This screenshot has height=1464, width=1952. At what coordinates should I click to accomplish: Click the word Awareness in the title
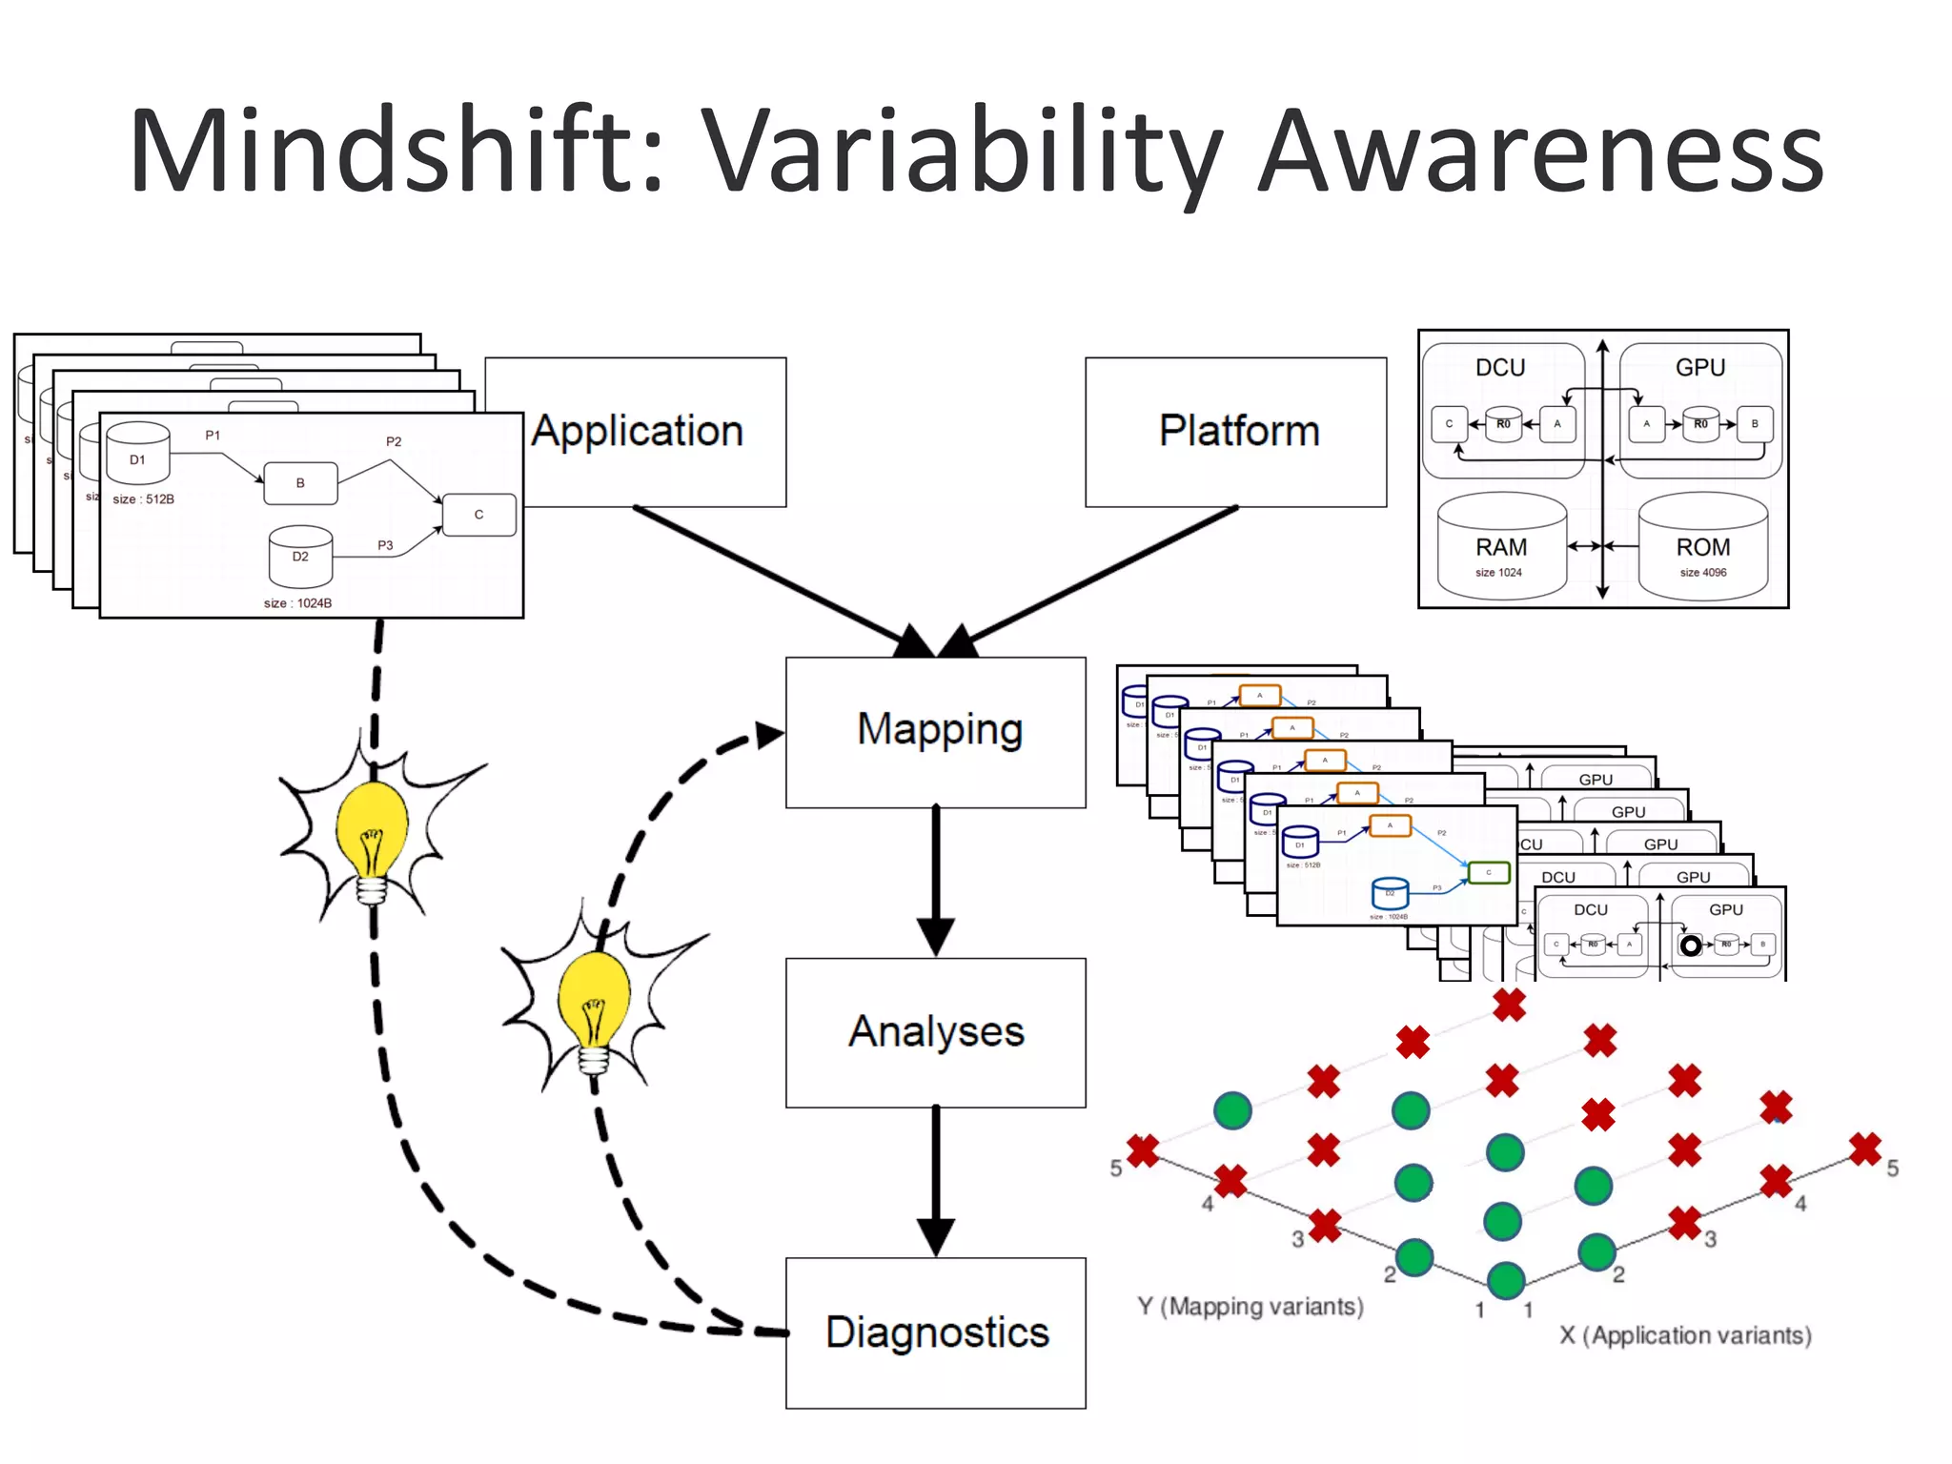[x=1539, y=152]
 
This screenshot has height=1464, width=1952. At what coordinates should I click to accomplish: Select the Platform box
[x=1236, y=431]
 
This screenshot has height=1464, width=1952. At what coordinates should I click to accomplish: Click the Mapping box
[x=936, y=731]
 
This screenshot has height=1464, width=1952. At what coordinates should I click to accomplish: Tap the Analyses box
[x=936, y=1032]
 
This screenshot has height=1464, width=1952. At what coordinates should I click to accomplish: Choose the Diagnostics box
[x=936, y=1332]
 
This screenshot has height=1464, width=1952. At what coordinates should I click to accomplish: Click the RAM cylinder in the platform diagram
[x=1501, y=547]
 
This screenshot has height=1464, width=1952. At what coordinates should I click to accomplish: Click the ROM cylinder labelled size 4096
[x=1702, y=547]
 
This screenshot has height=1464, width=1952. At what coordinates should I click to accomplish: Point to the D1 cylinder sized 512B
[x=138, y=455]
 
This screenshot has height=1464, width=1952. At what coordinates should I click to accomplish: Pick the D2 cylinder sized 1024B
[x=300, y=557]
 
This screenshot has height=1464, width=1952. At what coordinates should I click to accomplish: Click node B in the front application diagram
[x=300, y=483]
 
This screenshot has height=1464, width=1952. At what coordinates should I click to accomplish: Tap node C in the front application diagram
[x=479, y=515]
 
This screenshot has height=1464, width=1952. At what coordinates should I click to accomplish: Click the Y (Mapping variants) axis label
[x=1250, y=1306]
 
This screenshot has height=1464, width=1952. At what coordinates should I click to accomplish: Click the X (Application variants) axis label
[x=1685, y=1335]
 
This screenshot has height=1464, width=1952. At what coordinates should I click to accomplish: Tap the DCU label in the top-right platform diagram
[x=1500, y=368]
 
